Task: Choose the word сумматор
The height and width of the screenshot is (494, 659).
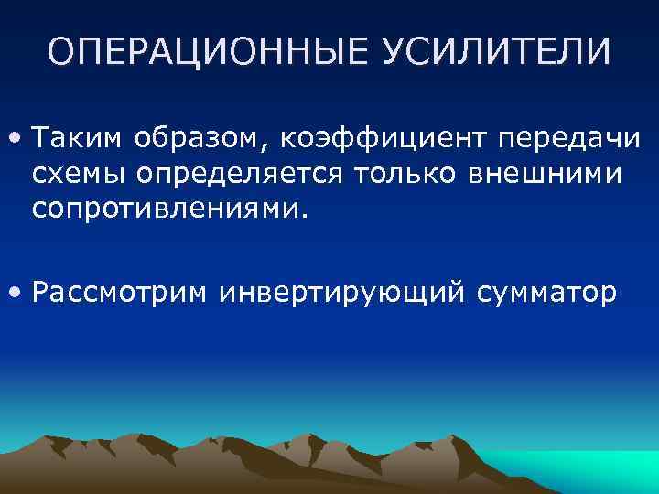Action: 546,293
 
